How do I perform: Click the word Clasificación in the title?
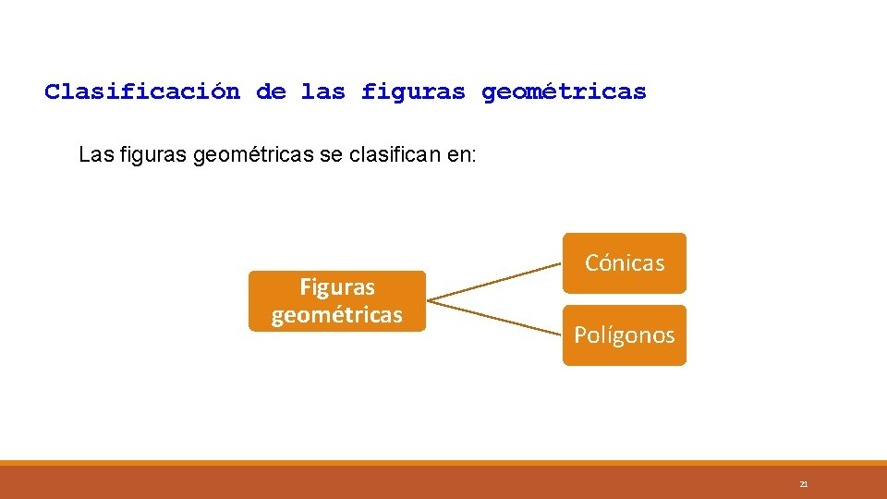coord(142,92)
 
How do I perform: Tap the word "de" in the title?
coord(271,92)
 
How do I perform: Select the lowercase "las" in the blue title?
coord(322,92)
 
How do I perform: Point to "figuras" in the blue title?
coord(413,92)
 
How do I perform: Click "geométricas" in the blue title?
coord(564,92)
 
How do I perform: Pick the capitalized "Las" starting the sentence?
coord(97,154)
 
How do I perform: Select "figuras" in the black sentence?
coord(155,154)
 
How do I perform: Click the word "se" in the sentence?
coord(330,154)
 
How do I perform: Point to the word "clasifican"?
coord(392,154)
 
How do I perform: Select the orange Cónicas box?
coord(625,263)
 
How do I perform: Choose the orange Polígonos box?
coord(625,335)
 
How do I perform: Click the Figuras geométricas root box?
coord(336,301)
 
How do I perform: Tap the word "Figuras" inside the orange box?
coord(336,287)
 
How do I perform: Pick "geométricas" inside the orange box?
coord(336,315)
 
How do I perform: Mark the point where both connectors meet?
coord(430,300)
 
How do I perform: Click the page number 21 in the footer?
coord(803,484)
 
